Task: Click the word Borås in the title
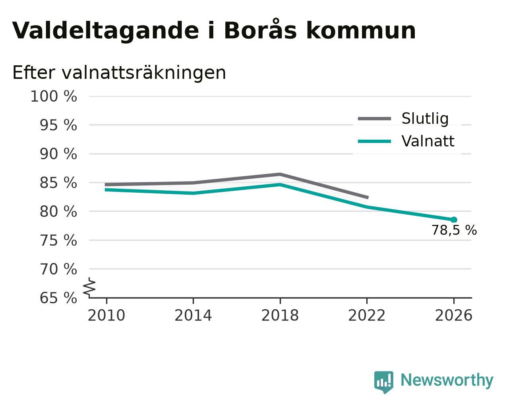tap(260, 29)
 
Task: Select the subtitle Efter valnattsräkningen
tap(119, 73)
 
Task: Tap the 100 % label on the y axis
tap(54, 97)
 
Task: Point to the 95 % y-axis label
tap(58, 125)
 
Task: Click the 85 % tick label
tap(58, 183)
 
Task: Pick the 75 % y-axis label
tap(58, 240)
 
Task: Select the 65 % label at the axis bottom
tap(58, 298)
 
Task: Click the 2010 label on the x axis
tap(106, 316)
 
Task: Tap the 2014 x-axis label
tap(193, 316)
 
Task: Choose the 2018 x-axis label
tap(280, 316)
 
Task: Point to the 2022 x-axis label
tap(367, 316)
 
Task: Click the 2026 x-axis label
tap(453, 316)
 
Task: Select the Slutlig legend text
tap(425, 119)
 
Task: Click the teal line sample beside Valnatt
tap(374, 142)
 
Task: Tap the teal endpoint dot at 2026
tap(454, 220)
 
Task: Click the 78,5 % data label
tap(454, 230)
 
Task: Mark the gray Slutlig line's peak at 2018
tap(280, 174)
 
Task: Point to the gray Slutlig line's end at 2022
tap(368, 197)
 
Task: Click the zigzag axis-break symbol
tap(89, 288)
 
